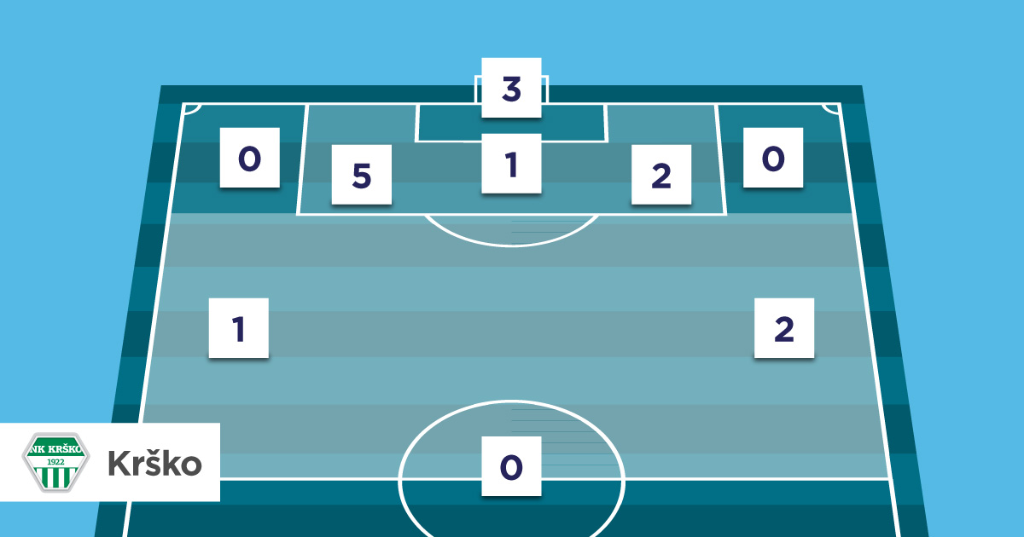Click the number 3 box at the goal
click(x=511, y=88)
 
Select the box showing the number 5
click(x=361, y=175)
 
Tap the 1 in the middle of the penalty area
click(x=511, y=163)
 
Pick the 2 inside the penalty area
click(x=660, y=175)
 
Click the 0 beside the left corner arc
click(x=249, y=158)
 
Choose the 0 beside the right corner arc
click(x=772, y=158)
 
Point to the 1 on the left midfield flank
click(x=239, y=327)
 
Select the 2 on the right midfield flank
click(x=783, y=327)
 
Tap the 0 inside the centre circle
click(x=511, y=465)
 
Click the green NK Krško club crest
click(x=55, y=461)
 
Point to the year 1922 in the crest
click(x=55, y=460)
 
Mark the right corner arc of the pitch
click(x=830, y=108)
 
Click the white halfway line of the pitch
click(x=751, y=479)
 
